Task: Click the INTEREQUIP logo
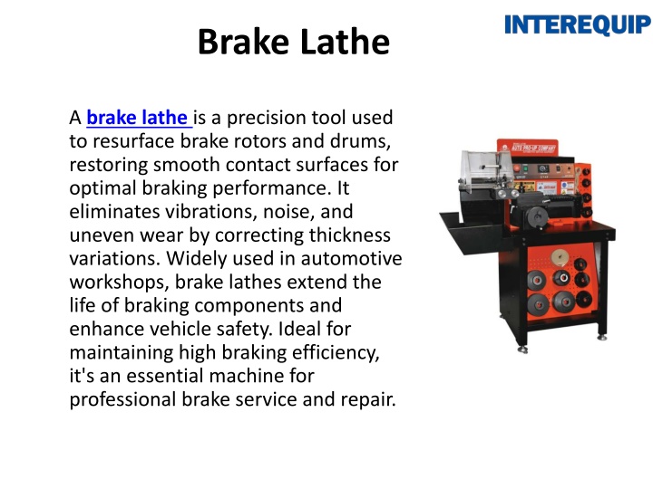[578, 25]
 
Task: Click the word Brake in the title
[243, 42]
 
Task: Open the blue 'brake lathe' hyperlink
[139, 118]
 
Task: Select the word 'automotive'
[351, 259]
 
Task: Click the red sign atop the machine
[528, 148]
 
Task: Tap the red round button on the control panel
[517, 168]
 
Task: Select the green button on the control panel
[525, 168]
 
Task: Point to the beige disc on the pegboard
[560, 257]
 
